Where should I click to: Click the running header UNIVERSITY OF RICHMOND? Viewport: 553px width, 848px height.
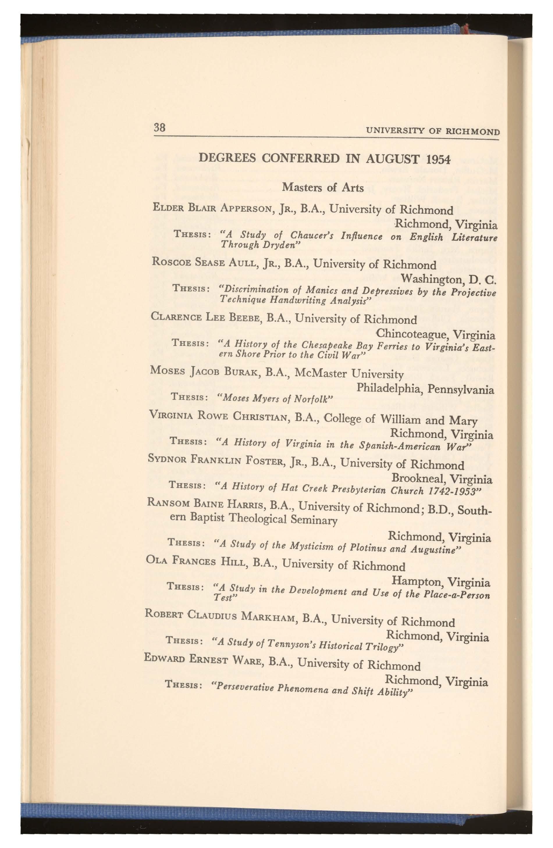pos(433,131)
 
